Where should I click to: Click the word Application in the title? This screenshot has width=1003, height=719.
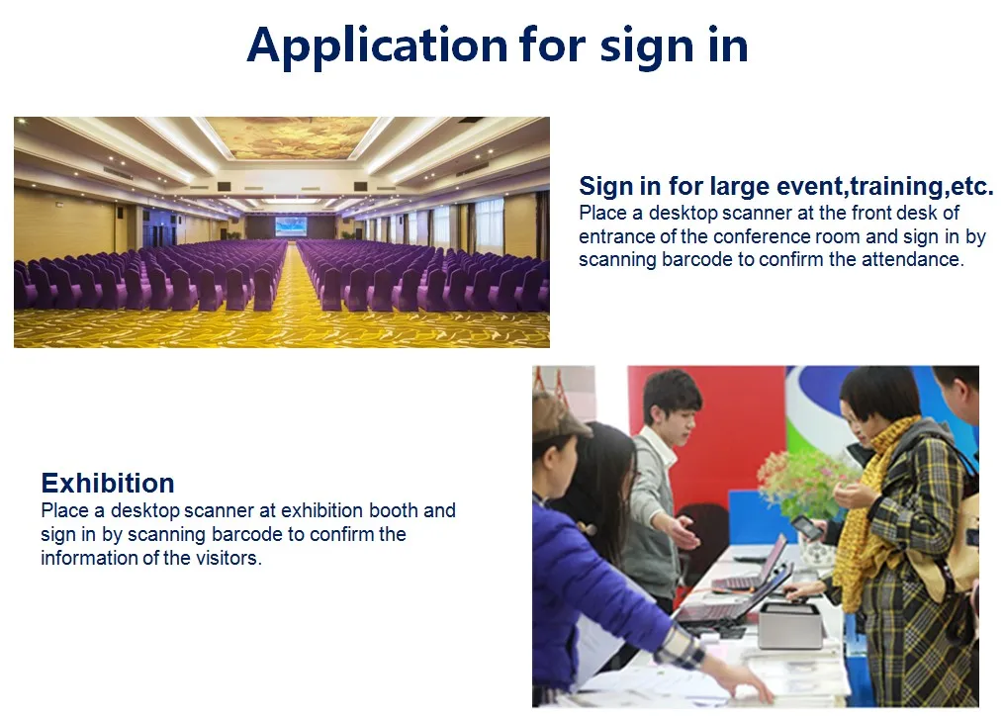tap(377, 45)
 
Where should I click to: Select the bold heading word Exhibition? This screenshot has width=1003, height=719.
tap(108, 484)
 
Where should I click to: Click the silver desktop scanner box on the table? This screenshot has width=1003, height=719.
tap(789, 625)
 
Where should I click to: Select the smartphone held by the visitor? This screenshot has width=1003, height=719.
tap(805, 527)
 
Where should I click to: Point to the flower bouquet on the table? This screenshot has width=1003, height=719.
tap(806, 480)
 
